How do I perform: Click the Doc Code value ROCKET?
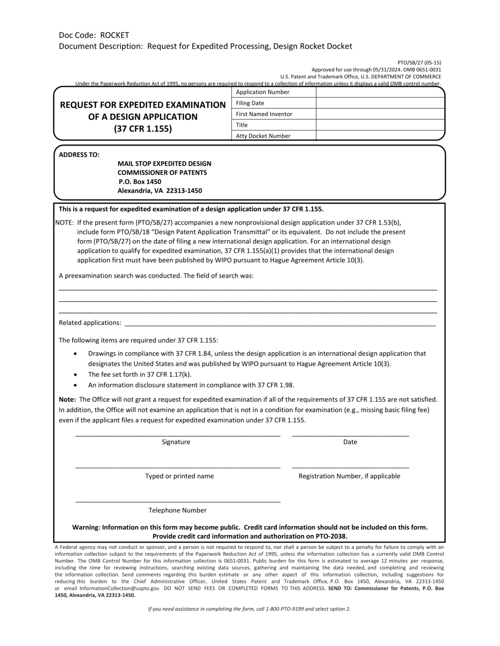tap(115, 35)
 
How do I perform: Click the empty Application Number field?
tap(380, 92)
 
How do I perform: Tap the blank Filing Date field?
tap(380, 103)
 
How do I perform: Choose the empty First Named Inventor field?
tap(380, 114)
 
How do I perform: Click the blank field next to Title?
tap(380, 125)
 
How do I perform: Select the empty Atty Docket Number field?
tap(380, 135)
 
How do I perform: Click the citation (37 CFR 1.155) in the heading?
tap(143, 129)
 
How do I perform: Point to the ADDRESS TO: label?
tap(79, 154)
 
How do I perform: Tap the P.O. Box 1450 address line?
tap(140, 182)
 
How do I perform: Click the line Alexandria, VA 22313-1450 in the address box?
tap(160, 191)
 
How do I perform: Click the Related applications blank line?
tap(280, 324)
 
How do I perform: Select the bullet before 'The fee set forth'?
tap(75, 374)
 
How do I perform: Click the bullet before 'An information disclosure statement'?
tap(75, 385)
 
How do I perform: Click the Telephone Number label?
tap(177, 510)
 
